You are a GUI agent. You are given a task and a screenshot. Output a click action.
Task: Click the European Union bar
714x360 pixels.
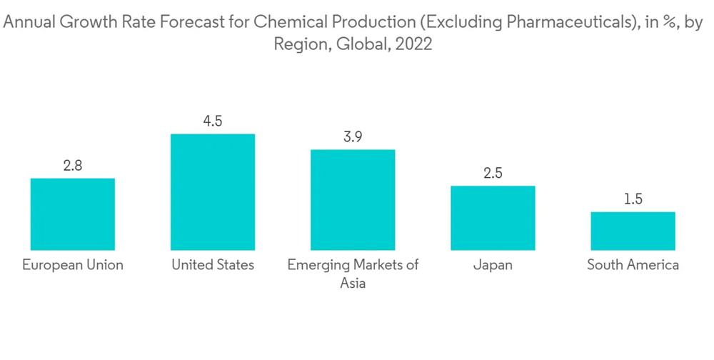tap(72, 214)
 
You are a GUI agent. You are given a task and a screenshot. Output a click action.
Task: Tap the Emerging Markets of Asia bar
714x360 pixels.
tap(353, 199)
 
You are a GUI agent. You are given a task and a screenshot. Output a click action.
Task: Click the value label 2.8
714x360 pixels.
tap(72, 166)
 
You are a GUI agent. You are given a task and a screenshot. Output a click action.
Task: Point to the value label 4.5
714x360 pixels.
tap(213, 121)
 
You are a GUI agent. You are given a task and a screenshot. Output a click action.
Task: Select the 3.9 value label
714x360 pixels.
tap(353, 137)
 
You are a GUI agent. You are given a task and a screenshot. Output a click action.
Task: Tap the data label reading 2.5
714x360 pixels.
tap(493, 174)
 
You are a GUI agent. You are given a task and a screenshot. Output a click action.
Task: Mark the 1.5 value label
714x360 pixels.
tap(633, 199)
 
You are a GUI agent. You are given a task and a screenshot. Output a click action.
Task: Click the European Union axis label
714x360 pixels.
tap(72, 265)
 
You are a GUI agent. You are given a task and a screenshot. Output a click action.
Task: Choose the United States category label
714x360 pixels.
tap(213, 265)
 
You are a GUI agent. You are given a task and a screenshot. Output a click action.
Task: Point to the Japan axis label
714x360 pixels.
tap(493, 265)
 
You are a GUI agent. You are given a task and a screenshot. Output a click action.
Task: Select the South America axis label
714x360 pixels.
tap(633, 265)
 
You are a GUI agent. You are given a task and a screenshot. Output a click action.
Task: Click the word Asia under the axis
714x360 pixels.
tap(353, 284)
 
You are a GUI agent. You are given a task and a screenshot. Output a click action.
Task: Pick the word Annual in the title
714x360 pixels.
tap(32, 23)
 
